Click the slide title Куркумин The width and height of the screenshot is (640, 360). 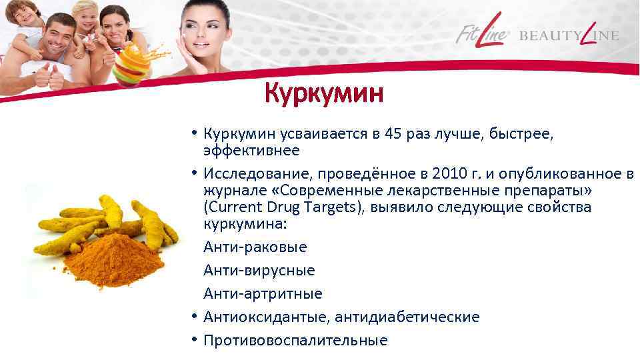click(x=323, y=94)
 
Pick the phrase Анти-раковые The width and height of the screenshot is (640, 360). click(x=255, y=247)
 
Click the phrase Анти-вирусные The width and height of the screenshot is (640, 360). click(x=259, y=271)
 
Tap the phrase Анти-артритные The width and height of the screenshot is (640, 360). click(x=263, y=293)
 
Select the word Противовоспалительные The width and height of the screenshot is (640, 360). click(x=295, y=340)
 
